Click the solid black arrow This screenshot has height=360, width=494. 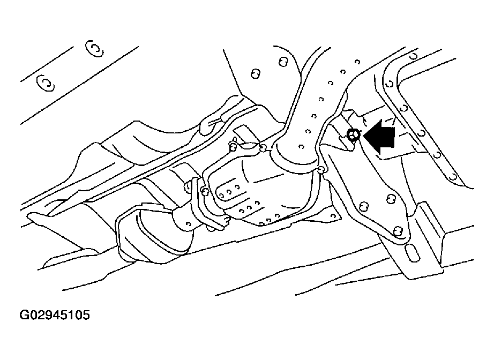click(x=380, y=137)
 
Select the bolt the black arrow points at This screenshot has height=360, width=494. click(x=354, y=136)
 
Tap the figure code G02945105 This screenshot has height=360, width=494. click(x=55, y=314)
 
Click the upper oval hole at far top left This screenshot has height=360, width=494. click(x=94, y=49)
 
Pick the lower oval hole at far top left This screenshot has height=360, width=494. click(x=46, y=83)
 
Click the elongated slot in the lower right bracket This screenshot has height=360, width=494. click(x=413, y=251)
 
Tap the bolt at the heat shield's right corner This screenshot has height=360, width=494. click(x=321, y=170)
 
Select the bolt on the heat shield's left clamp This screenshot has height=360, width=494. click(x=205, y=191)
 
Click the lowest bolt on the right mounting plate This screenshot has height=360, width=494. click(x=398, y=231)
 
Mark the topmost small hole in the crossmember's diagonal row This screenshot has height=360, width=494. click(x=357, y=62)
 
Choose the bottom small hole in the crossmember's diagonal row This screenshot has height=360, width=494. click(x=302, y=147)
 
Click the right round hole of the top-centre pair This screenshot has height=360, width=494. click(x=283, y=62)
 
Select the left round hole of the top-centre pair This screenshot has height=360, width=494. click(x=256, y=74)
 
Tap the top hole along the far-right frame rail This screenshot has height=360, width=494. click(x=413, y=56)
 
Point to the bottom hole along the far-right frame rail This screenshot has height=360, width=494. click(x=453, y=176)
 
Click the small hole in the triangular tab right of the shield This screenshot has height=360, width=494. click(x=333, y=216)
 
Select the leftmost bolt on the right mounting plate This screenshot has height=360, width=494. click(x=364, y=206)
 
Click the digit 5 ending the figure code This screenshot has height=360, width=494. click(x=86, y=314)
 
